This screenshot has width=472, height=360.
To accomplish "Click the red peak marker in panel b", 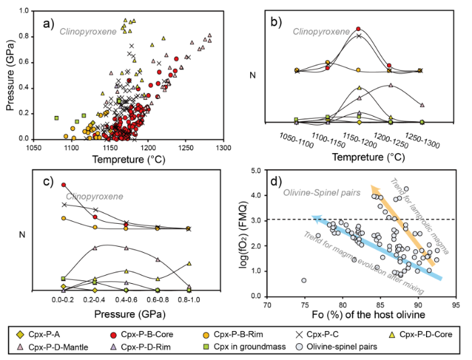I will click(x=359, y=29).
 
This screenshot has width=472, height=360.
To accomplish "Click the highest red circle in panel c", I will click(x=64, y=184).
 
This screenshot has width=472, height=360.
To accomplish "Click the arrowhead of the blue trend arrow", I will click(x=314, y=217).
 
